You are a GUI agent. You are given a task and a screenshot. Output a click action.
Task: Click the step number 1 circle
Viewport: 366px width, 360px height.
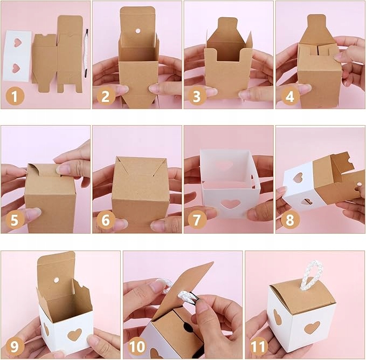coord(15,96)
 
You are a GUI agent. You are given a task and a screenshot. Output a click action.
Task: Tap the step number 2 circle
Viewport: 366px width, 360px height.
coord(106,96)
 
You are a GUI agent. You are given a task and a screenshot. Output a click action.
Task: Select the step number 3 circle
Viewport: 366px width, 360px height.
coord(197,96)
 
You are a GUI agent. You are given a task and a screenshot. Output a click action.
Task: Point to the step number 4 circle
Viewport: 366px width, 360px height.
coord(289,96)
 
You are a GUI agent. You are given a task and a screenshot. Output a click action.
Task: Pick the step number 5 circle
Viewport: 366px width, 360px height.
coord(15,220)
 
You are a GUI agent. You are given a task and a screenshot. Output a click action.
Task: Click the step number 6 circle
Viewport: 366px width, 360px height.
coord(106,220)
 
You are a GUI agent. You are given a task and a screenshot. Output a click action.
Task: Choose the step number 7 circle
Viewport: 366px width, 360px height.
coord(197,220)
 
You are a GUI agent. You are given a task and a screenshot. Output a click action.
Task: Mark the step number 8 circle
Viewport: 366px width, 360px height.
coord(289,220)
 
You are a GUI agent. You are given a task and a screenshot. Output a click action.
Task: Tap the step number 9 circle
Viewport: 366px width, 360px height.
coord(15,346)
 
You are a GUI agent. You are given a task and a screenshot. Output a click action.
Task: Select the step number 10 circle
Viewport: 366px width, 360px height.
coord(137,346)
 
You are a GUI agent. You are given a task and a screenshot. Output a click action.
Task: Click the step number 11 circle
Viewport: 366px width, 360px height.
coord(259,346)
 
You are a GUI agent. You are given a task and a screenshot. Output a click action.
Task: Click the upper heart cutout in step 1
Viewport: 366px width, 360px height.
coord(17,42)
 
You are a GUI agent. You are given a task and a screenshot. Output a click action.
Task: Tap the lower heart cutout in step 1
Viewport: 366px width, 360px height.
coord(16,68)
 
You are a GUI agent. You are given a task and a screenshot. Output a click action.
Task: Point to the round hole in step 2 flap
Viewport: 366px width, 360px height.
coord(137,31)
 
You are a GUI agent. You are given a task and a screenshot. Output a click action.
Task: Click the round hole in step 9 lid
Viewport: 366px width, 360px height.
coord(56,280)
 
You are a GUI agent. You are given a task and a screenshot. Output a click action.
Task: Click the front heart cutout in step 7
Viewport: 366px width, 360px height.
coord(231,204)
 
